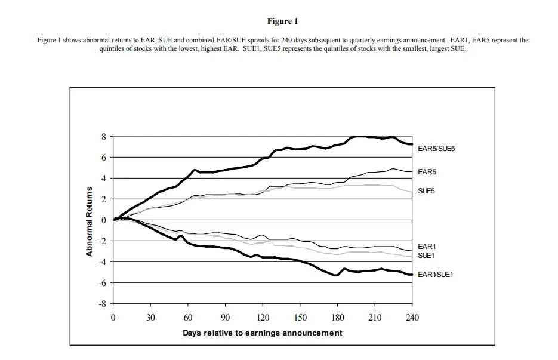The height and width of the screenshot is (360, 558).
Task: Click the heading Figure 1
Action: (282, 21)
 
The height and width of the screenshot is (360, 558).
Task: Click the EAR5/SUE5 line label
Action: (436, 148)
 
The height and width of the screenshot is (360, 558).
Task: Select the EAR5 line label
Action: (427, 172)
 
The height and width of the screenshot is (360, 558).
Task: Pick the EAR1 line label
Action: (427, 246)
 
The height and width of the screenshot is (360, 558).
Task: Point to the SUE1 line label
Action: (427, 255)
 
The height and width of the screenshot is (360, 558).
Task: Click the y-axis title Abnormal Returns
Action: (89, 221)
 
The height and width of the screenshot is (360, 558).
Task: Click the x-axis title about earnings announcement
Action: (263, 333)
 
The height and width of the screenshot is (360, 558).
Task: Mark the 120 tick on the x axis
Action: (263, 318)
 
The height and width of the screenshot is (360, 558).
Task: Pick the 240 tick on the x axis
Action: (412, 318)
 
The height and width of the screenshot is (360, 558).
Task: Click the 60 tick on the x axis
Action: (188, 318)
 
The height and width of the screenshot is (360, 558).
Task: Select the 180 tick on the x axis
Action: (338, 318)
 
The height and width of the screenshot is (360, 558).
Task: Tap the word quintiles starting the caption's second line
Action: (112, 48)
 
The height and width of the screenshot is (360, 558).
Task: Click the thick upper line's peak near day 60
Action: (195, 170)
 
